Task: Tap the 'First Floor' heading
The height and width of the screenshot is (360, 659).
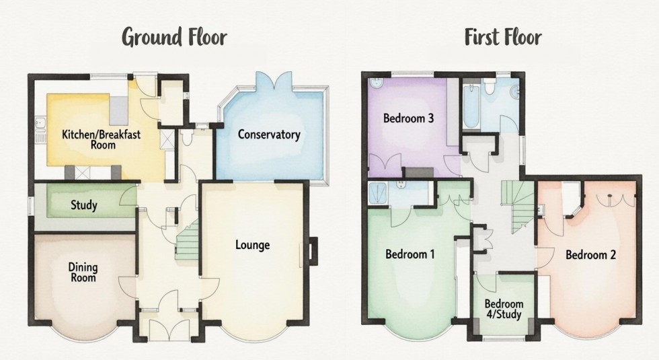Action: point(504,38)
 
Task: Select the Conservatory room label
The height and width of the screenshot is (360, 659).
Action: point(269,135)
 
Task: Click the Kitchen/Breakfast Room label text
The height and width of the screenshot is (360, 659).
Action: point(101,139)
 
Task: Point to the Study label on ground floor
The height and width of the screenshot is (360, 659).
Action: point(83,205)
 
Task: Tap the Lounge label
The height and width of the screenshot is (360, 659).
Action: point(252,245)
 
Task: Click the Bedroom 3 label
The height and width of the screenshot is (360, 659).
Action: point(408,119)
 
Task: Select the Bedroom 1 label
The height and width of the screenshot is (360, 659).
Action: point(410,254)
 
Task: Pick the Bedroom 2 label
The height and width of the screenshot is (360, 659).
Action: point(591,255)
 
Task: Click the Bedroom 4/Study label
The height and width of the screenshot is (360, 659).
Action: point(504,308)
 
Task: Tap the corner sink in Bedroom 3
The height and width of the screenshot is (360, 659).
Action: point(375,85)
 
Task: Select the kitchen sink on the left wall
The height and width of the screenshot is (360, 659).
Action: point(40,128)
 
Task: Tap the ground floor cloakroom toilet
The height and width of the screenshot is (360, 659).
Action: point(186,138)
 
